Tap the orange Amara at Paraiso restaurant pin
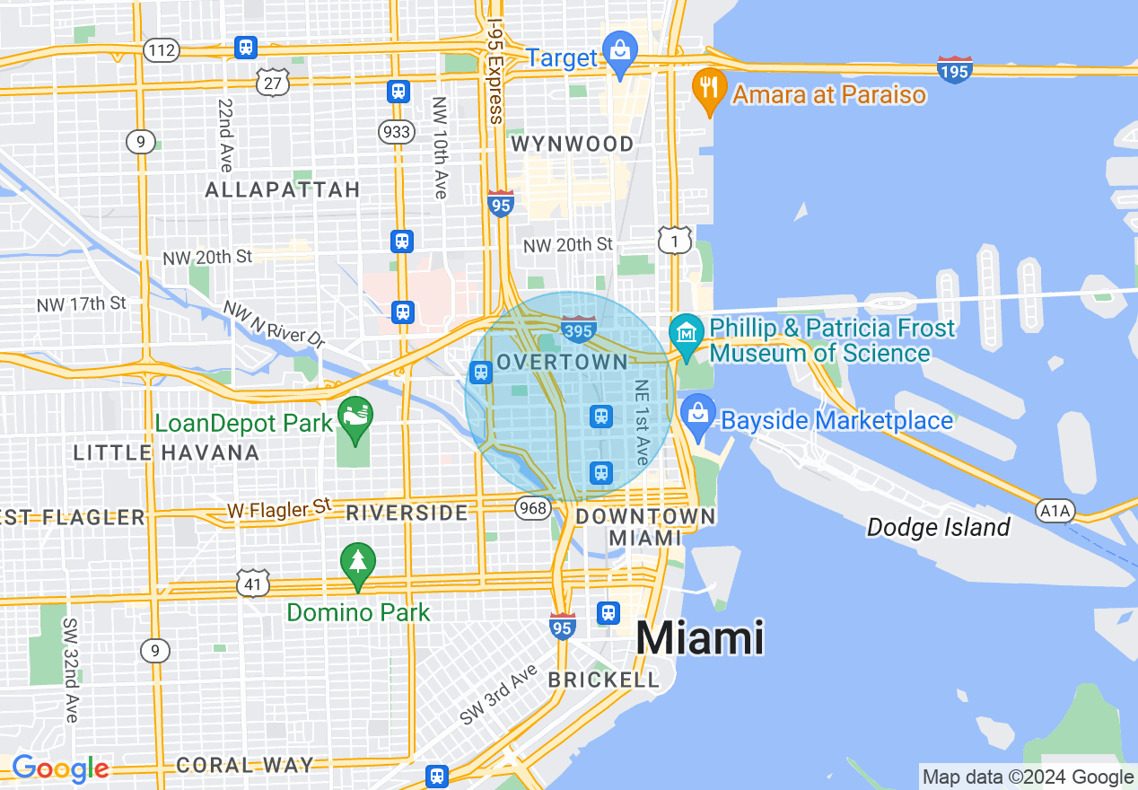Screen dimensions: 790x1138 click(x=709, y=88)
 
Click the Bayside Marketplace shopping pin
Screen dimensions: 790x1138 click(x=697, y=415)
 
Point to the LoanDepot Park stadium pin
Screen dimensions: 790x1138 click(x=355, y=417)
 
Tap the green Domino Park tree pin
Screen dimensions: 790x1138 click(x=358, y=564)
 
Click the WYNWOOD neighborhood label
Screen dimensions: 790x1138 click(x=572, y=144)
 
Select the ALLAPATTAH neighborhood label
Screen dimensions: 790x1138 click(x=283, y=189)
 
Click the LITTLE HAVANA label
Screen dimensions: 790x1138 click(x=166, y=452)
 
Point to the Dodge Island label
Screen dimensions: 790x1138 click(x=938, y=527)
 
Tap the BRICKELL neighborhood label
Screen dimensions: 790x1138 click(x=604, y=680)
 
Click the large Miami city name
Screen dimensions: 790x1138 click(x=700, y=638)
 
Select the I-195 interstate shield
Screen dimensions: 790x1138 click(x=954, y=69)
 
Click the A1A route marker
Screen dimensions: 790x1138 click(x=1055, y=511)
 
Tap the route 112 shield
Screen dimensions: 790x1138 click(x=162, y=50)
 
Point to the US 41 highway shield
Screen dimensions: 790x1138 click(x=253, y=584)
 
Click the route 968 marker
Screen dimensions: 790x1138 click(x=532, y=509)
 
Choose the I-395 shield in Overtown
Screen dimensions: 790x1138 click(x=579, y=329)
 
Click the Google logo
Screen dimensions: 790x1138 click(x=60, y=768)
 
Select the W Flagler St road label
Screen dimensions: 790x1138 click(x=279, y=509)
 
